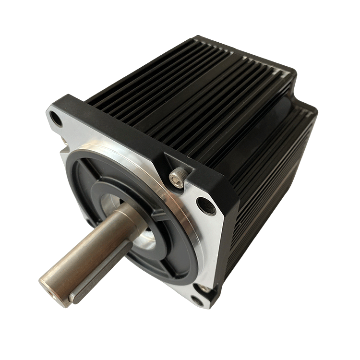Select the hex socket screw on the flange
(x=175, y=179)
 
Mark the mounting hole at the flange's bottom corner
(x=197, y=301)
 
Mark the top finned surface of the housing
(x=192, y=77)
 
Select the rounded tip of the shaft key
(x=72, y=298)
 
